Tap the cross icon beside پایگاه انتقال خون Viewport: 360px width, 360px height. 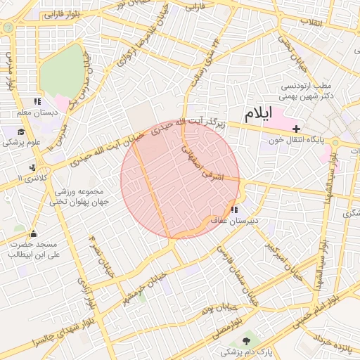(297, 129)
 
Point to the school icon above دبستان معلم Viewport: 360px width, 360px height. (37, 102)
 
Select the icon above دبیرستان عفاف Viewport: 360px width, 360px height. (233, 210)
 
